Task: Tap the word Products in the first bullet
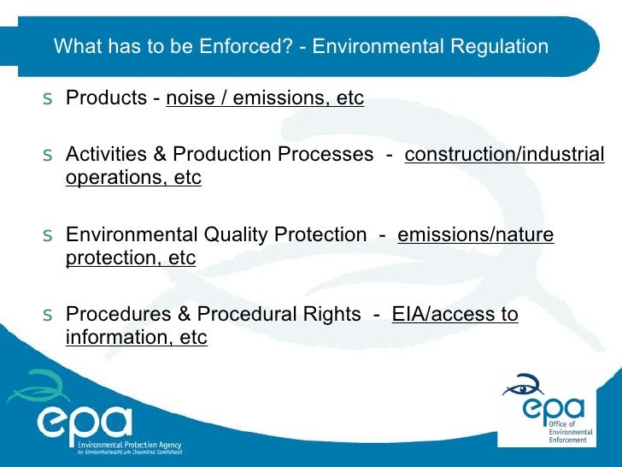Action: pos(106,98)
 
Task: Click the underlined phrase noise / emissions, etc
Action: pos(265,98)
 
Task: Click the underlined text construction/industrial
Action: pos(504,155)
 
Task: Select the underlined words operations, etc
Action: pos(133,178)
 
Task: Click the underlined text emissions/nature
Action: pos(476,234)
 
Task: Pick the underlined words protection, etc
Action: pos(131,257)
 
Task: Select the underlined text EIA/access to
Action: pos(455,314)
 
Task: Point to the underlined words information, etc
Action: pos(136,337)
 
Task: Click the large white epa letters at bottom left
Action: pos(85,423)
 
